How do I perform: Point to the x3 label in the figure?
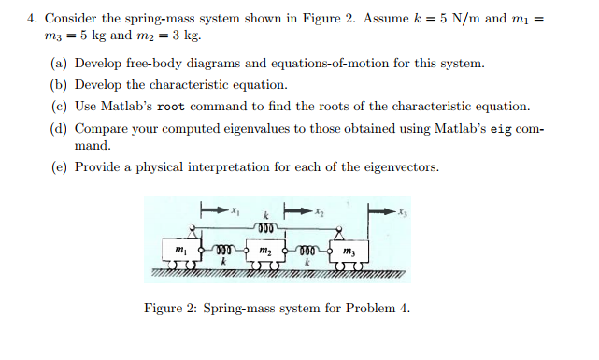coord(403,213)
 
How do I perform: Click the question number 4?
coord(31,18)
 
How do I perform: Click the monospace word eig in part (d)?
coord(500,127)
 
